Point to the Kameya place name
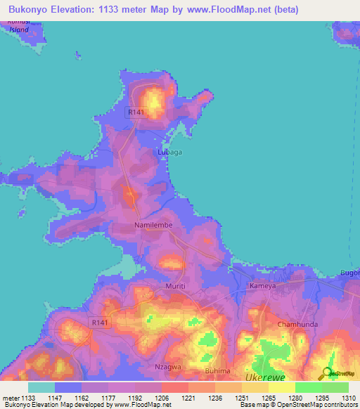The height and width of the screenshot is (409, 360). point(266,287)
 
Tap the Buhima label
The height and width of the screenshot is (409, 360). point(217,370)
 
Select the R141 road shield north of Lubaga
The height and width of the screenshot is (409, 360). point(136,112)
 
